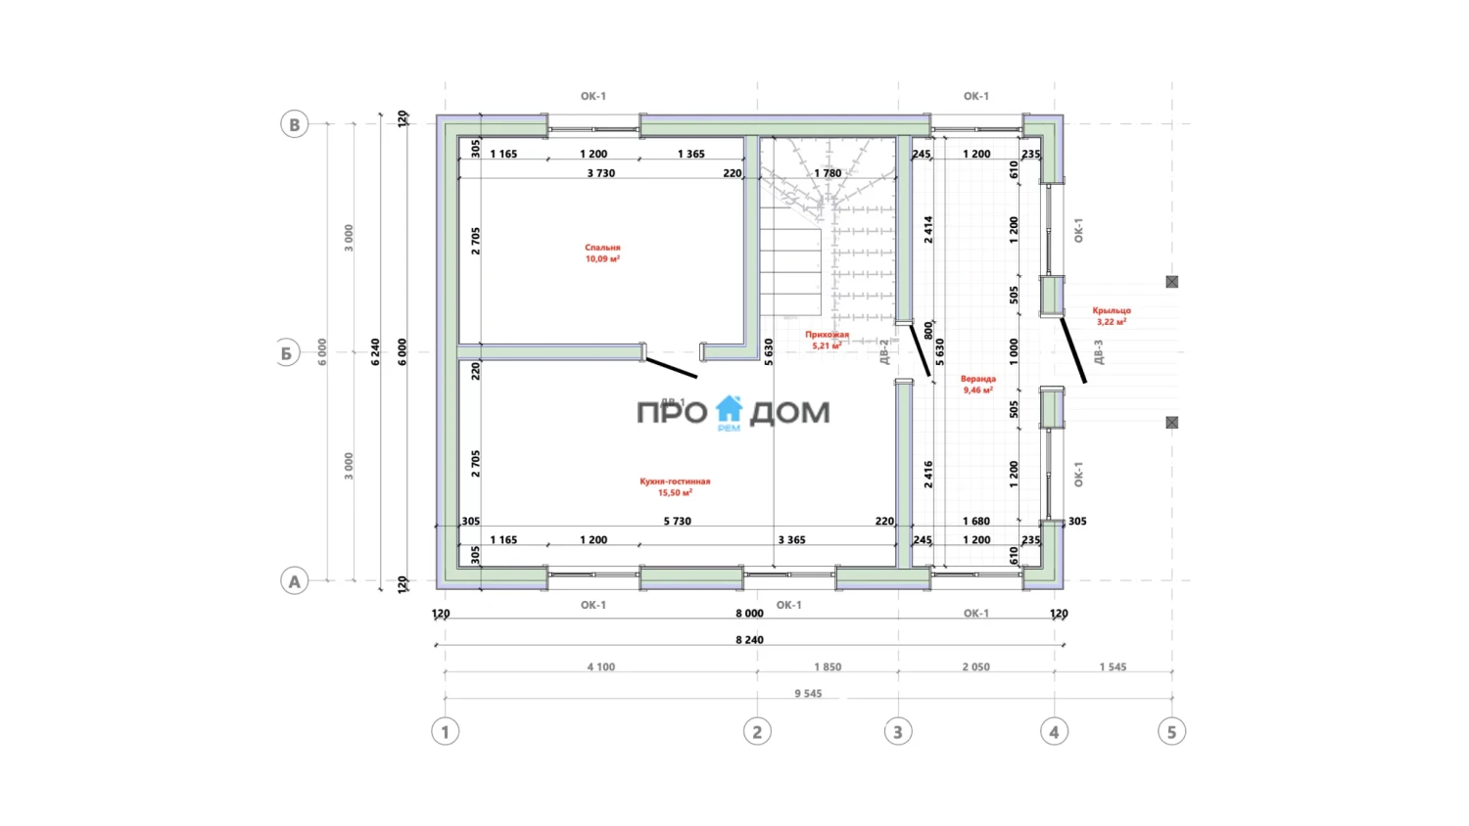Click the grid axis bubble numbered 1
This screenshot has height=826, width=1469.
click(446, 732)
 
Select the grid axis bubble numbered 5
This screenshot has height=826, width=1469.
click(1171, 732)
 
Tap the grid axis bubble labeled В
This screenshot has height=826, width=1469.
click(295, 124)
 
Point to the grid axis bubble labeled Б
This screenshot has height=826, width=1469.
click(287, 353)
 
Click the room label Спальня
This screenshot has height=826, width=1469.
click(602, 253)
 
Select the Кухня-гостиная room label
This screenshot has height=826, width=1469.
click(675, 486)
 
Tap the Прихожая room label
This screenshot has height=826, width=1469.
click(827, 340)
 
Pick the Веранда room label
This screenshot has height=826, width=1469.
click(977, 384)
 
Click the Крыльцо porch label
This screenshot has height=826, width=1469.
click(1112, 315)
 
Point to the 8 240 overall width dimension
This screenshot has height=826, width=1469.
click(749, 640)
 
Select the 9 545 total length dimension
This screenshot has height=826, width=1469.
click(808, 694)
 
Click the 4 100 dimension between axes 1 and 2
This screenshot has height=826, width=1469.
click(601, 667)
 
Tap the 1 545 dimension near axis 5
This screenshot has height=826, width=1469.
click(1113, 667)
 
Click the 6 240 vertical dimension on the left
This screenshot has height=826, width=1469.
click(375, 352)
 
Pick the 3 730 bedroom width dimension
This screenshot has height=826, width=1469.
click(601, 173)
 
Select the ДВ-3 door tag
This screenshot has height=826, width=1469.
click(1099, 352)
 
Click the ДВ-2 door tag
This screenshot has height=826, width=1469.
click(883, 352)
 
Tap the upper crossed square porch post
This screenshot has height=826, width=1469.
click(1172, 282)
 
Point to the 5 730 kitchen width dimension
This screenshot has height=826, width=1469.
click(677, 522)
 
